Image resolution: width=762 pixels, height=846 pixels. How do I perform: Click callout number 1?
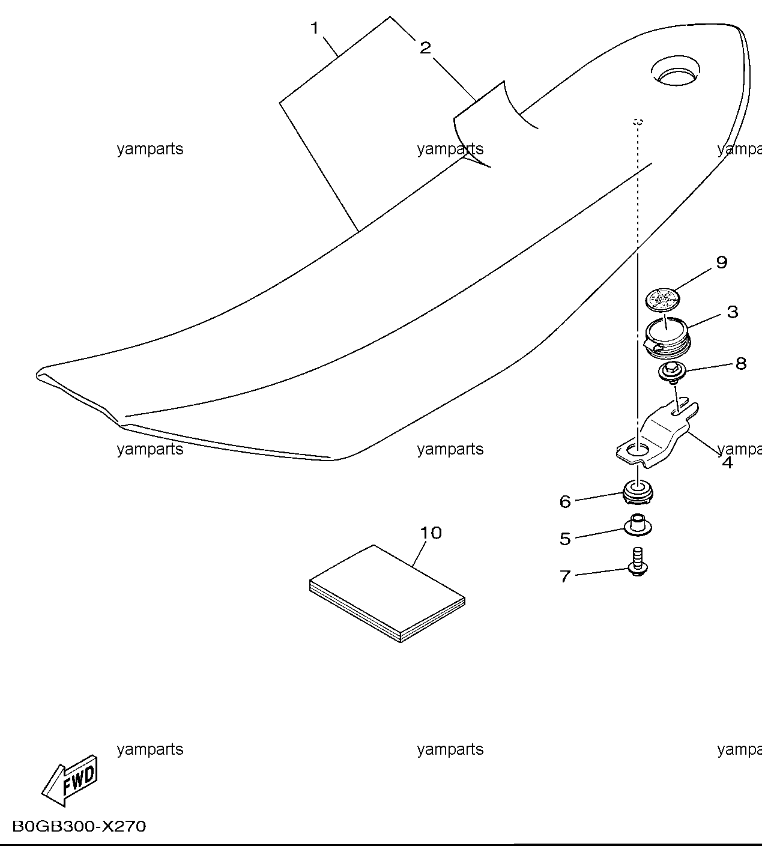click(x=314, y=29)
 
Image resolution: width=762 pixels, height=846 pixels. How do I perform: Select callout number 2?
click(x=425, y=47)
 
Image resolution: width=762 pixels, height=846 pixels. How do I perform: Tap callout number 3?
click(x=733, y=312)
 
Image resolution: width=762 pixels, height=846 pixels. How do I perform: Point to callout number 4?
click(x=728, y=463)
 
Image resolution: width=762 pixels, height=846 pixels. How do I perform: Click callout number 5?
click(x=565, y=539)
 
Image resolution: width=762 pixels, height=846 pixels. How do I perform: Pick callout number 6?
click(x=565, y=501)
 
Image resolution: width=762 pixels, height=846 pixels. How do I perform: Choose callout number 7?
click(x=565, y=576)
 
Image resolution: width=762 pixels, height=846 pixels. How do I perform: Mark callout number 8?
click(x=741, y=363)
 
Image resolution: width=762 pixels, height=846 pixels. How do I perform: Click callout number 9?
click(x=722, y=262)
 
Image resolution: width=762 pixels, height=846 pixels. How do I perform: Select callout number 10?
click(x=431, y=533)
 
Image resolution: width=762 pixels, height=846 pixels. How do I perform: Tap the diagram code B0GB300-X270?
click(x=79, y=826)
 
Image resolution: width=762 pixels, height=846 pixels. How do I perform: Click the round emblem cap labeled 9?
click(x=663, y=300)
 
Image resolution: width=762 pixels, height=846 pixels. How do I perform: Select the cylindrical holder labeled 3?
click(x=667, y=337)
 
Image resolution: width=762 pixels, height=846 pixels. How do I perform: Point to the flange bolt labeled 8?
click(x=673, y=372)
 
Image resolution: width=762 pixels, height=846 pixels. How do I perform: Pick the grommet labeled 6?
click(x=638, y=492)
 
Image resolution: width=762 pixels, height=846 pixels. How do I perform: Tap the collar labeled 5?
click(x=638, y=525)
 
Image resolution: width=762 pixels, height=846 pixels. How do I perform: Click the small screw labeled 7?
click(x=638, y=561)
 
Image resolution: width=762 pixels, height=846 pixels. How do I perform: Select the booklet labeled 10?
click(x=387, y=593)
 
